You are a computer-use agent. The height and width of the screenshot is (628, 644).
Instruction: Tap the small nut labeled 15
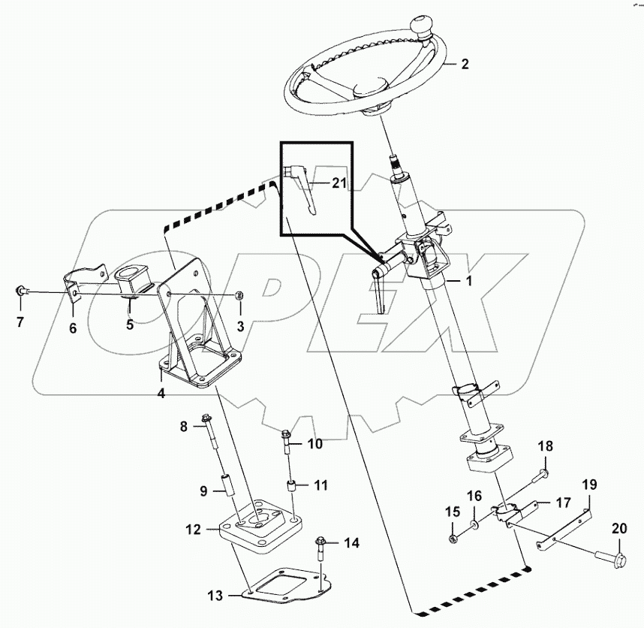coord(453,538)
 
